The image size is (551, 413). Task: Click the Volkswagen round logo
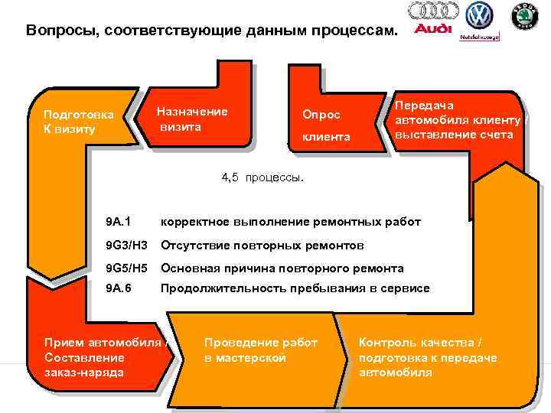(x=480, y=15)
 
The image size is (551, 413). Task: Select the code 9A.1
(x=118, y=222)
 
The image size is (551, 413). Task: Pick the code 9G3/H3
(x=126, y=246)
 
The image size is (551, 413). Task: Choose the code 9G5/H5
(x=126, y=268)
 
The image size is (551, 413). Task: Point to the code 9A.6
(x=119, y=288)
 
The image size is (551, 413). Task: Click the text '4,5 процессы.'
(x=262, y=178)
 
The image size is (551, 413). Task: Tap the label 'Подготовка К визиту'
(x=78, y=122)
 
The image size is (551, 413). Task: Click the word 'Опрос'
(x=321, y=114)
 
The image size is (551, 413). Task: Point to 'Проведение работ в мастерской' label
(x=260, y=350)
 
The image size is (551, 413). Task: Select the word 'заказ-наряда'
(x=84, y=372)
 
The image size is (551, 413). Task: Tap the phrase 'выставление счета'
(x=459, y=135)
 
